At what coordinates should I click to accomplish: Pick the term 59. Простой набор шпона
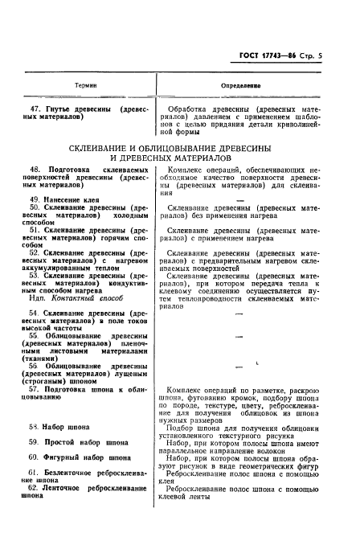coord(80,443)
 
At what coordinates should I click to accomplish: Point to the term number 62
coord(34,488)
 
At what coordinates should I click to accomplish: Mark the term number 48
coord(35,170)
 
